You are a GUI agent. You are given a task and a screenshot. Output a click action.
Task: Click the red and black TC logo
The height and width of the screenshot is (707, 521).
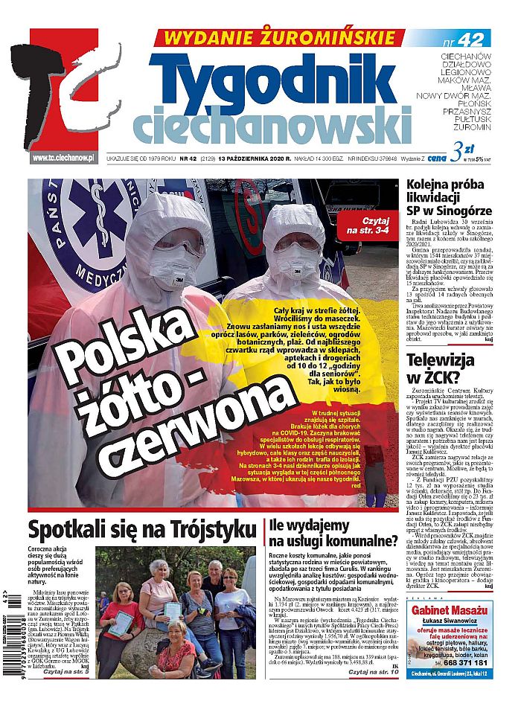74,93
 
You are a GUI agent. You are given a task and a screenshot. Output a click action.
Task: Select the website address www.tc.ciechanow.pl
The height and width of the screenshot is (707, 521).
63,158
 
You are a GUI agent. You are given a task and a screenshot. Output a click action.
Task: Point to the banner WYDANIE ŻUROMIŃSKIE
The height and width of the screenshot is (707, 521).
279,37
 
